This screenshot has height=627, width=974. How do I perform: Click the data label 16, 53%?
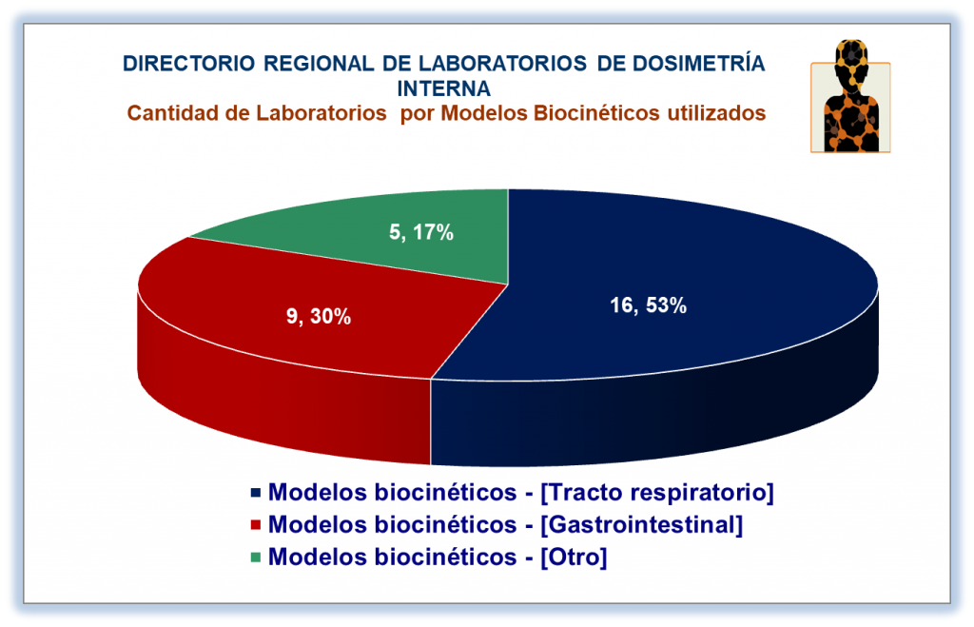tap(648, 305)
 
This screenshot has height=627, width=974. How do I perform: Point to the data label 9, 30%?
tap(319, 316)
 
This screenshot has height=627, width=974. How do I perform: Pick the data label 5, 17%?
tap(421, 232)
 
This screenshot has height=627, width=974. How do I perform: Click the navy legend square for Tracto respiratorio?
tap(255, 493)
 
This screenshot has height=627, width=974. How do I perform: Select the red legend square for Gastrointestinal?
tap(255, 525)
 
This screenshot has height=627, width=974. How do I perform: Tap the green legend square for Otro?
tap(255, 558)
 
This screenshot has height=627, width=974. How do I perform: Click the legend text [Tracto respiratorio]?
tap(657, 492)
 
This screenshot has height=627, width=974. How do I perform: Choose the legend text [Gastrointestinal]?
tap(642, 524)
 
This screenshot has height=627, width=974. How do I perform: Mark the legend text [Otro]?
tap(574, 557)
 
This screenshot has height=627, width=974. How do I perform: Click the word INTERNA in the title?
tap(443, 88)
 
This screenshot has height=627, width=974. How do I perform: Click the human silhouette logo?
tap(850, 96)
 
